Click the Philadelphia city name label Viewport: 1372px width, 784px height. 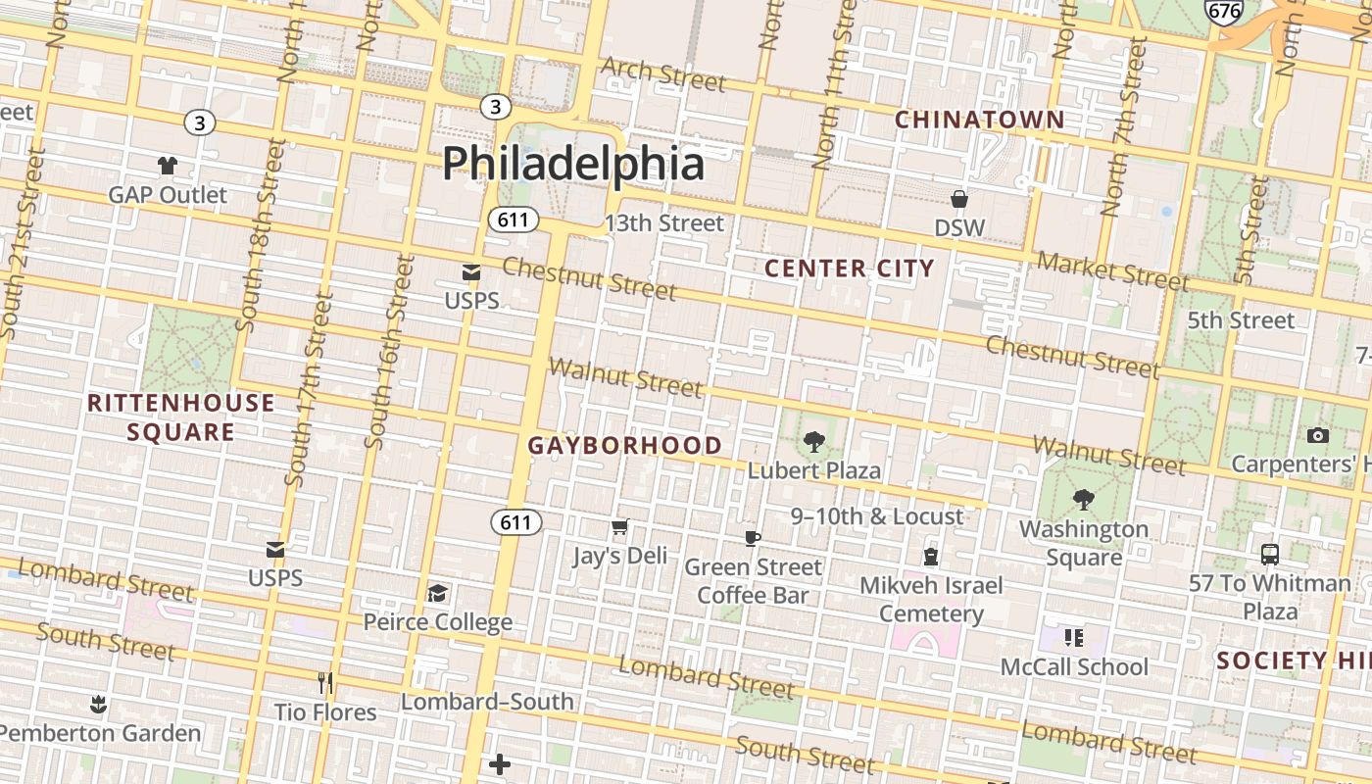[x=573, y=163]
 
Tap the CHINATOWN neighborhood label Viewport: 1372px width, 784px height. [x=979, y=120]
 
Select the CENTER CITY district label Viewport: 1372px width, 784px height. [x=849, y=268]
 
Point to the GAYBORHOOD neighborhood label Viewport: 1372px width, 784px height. [x=625, y=445]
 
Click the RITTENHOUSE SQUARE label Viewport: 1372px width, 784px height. [x=181, y=417]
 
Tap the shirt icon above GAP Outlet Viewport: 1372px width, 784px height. [x=168, y=166]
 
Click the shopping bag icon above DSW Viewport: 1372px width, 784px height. [x=959, y=200]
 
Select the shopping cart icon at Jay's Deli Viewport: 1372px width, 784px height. [x=619, y=528]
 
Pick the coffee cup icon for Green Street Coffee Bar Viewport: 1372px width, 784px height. [x=753, y=538]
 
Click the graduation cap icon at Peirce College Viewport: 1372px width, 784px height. [x=437, y=593]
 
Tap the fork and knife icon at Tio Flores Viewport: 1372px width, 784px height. [x=325, y=682]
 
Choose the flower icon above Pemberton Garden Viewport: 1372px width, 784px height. [x=98, y=704]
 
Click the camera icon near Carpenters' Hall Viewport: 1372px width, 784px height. [x=1318, y=435]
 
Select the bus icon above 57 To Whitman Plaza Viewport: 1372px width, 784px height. [x=1270, y=555]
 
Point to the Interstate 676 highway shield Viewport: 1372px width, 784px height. [x=1224, y=11]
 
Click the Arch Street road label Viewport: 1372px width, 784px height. [x=663, y=74]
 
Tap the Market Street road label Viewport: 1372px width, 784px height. [x=1112, y=270]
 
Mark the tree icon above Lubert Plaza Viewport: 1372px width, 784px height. [x=813, y=441]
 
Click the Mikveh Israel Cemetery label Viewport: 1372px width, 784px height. [x=931, y=600]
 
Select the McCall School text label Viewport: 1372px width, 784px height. [x=1074, y=667]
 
